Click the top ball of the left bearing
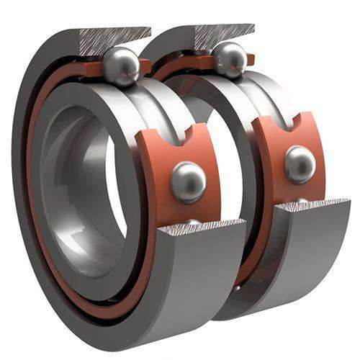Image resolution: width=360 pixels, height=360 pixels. coord(120,66)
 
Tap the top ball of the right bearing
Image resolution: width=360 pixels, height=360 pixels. coord(230,59)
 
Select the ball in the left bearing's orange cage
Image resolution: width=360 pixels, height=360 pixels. coord(188,181)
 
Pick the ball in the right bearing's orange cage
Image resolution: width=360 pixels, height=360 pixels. coord(300,164)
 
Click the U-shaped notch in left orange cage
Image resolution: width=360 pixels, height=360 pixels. coord(176,132)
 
